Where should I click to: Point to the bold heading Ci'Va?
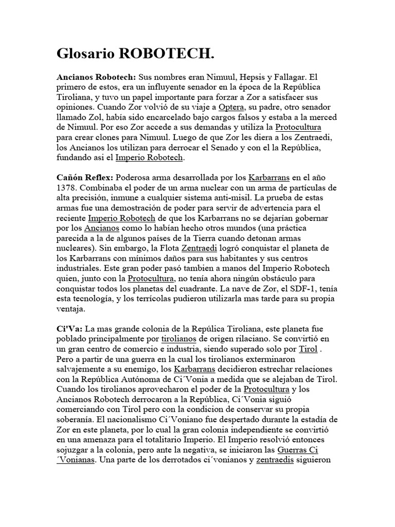(x=69, y=328)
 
